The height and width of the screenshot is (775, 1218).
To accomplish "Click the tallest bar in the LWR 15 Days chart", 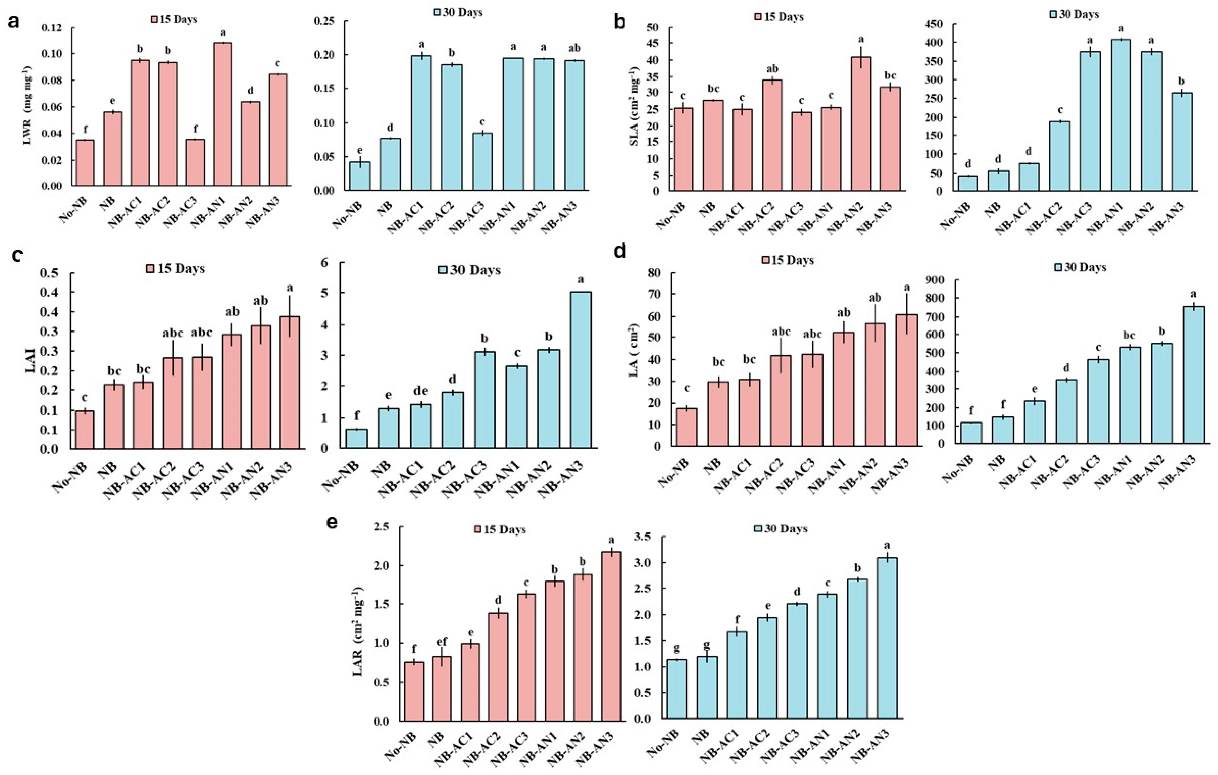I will [223, 114].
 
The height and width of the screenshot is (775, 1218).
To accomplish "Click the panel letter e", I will [332, 522].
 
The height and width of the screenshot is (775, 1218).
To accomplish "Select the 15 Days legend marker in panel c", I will [150, 268].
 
